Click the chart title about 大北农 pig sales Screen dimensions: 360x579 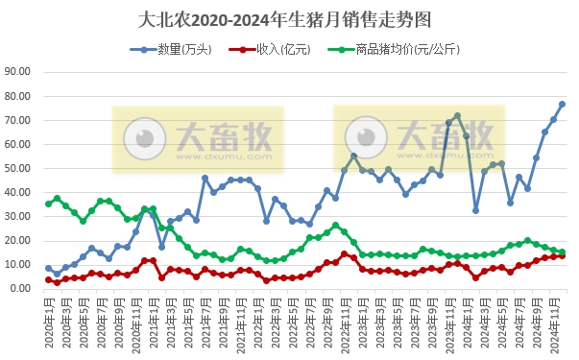289,19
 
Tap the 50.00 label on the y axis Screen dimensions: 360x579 18,168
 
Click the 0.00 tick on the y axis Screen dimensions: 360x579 21,288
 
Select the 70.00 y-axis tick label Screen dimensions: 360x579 18,120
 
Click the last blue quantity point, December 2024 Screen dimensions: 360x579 563,104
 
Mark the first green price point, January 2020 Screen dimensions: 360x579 48,204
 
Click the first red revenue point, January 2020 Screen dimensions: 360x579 48,279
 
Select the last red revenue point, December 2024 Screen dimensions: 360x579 563,255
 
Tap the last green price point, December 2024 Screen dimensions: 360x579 563,252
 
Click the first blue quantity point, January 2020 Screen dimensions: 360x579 48,269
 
